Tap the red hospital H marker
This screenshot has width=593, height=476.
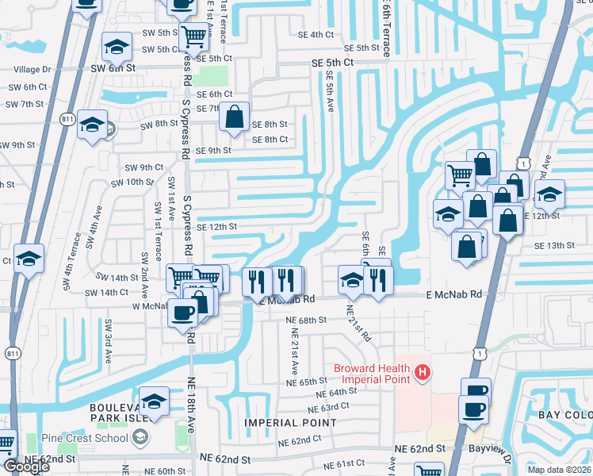point(423,371)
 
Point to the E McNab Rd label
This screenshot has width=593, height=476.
point(453,294)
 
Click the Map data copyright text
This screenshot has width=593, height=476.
point(559,470)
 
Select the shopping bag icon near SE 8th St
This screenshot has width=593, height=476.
point(235,117)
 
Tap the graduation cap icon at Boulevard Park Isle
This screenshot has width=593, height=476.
point(155,401)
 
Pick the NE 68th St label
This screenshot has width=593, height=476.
point(306,320)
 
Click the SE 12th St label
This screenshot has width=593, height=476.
point(216,227)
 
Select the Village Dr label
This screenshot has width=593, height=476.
point(29,70)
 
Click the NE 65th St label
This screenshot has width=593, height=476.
point(306,382)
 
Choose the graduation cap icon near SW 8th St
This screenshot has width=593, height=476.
point(93,125)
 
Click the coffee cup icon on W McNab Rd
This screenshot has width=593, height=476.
point(183,313)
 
